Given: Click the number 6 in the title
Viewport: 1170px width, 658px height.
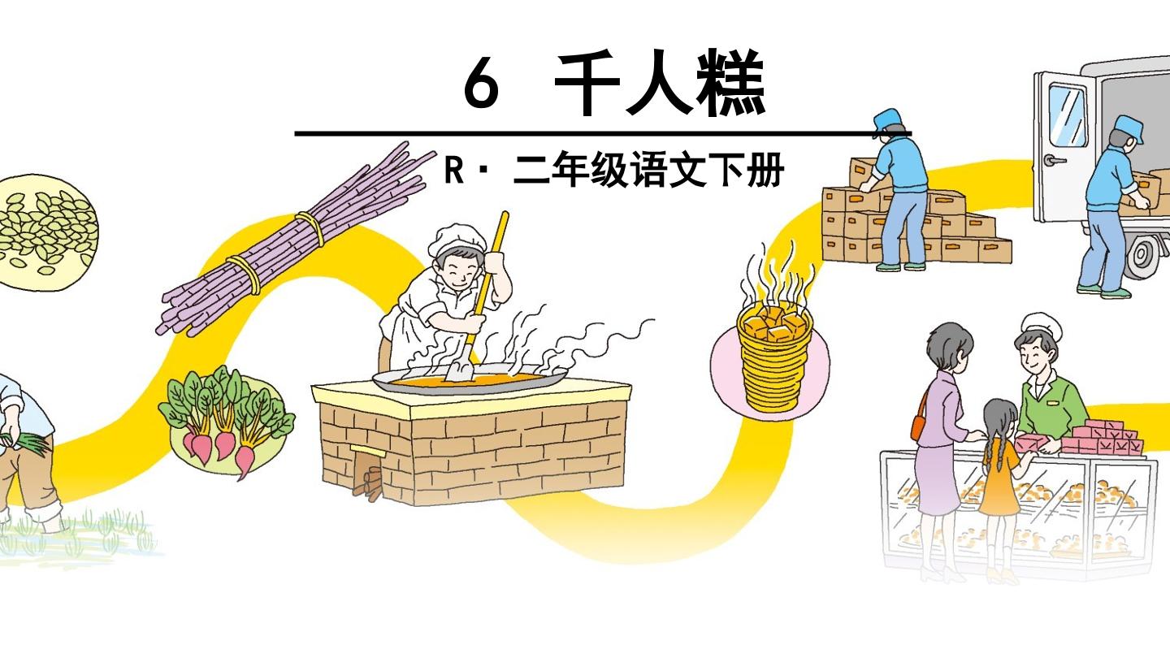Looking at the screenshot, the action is click(x=480, y=83).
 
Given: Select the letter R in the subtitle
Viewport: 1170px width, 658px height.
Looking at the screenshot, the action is click(x=453, y=170).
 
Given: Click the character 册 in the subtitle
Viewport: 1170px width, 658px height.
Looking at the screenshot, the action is click(x=765, y=170).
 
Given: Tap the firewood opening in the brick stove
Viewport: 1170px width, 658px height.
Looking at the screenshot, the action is click(x=368, y=473).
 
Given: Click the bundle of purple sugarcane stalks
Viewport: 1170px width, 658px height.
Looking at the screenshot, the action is click(x=295, y=240).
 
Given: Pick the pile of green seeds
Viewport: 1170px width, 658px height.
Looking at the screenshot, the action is click(x=46, y=232).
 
